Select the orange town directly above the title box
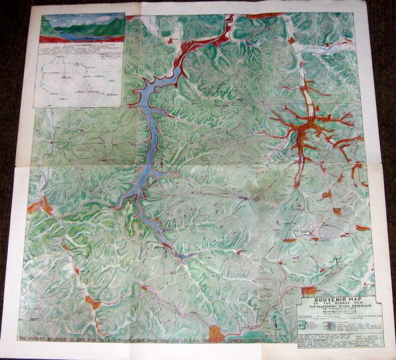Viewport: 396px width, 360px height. click(x=309, y=291)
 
